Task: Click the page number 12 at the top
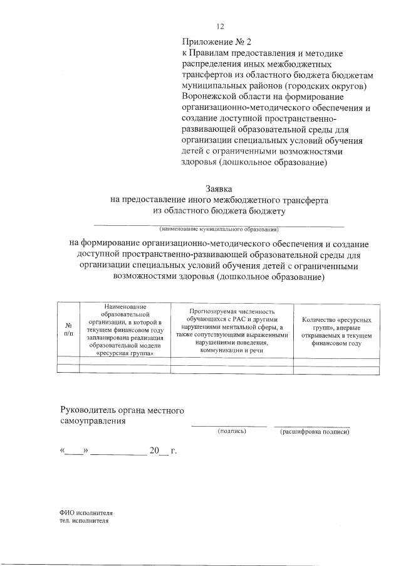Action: (x=220, y=26)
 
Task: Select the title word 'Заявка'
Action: (x=219, y=188)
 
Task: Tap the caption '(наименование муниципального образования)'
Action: (x=219, y=229)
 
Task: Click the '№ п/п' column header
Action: (x=68, y=329)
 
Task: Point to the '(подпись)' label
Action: (x=232, y=432)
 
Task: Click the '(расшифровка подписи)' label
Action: (x=315, y=432)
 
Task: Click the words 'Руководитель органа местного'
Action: (x=122, y=410)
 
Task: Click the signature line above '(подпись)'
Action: (x=229, y=426)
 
